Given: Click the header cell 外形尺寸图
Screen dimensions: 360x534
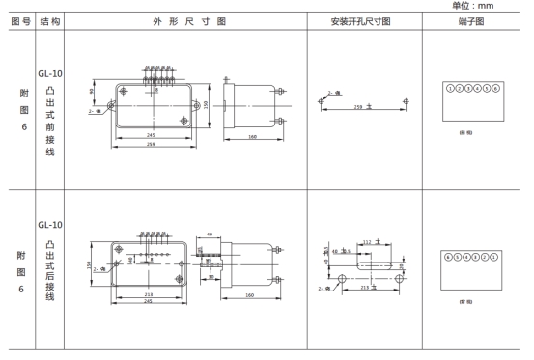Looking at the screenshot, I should (194, 19).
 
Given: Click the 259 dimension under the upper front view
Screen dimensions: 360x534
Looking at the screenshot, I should (153, 144).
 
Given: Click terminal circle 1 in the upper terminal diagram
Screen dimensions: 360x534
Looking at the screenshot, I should (451, 88).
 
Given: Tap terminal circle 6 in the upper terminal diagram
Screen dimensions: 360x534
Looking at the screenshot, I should (495, 88).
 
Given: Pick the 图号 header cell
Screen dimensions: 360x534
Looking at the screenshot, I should (18, 19).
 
